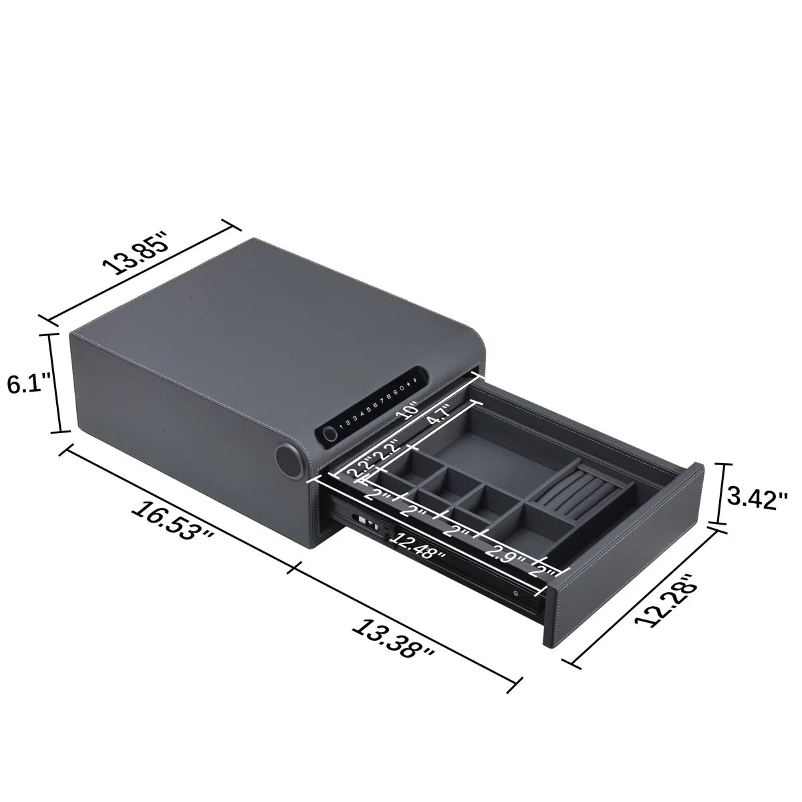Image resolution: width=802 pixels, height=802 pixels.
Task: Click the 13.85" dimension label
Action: (x=136, y=253)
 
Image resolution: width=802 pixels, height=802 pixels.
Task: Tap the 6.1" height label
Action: (x=29, y=383)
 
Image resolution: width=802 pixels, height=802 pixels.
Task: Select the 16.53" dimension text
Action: (x=172, y=520)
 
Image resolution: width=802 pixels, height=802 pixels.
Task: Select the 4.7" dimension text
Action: (x=439, y=415)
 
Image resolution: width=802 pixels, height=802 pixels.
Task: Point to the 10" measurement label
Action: (x=407, y=410)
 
